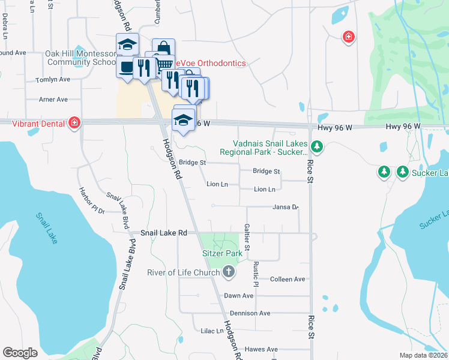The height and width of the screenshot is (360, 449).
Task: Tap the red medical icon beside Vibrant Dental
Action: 74,122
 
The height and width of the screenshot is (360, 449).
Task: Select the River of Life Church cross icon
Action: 228,272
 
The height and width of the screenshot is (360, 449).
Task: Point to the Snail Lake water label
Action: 47,229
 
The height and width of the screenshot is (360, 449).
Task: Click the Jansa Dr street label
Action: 285,208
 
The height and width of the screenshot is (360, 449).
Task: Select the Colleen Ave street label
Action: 288,279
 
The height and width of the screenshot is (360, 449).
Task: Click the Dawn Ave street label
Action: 238,296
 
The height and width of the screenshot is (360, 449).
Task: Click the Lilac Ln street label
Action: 212,331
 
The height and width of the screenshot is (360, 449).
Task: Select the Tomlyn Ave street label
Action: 53,79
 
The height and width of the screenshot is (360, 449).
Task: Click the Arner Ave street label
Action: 53,100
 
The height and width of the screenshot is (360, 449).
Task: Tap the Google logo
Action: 20,353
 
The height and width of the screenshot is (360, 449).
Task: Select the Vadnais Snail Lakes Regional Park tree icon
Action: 318,146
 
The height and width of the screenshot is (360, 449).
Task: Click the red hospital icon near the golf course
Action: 348,38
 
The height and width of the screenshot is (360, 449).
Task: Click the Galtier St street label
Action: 247,238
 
